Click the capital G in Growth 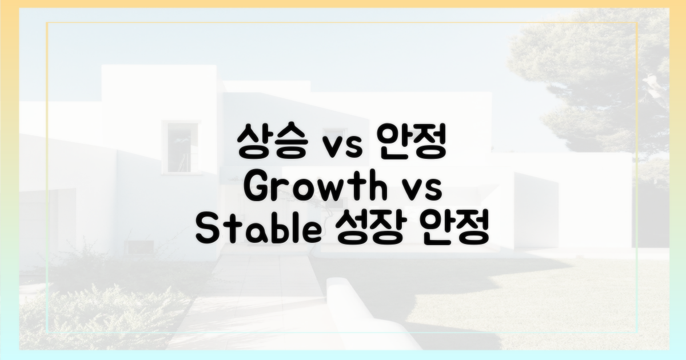pyautogui.click(x=258, y=189)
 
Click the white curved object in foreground pyautogui.click(x=366, y=314)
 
